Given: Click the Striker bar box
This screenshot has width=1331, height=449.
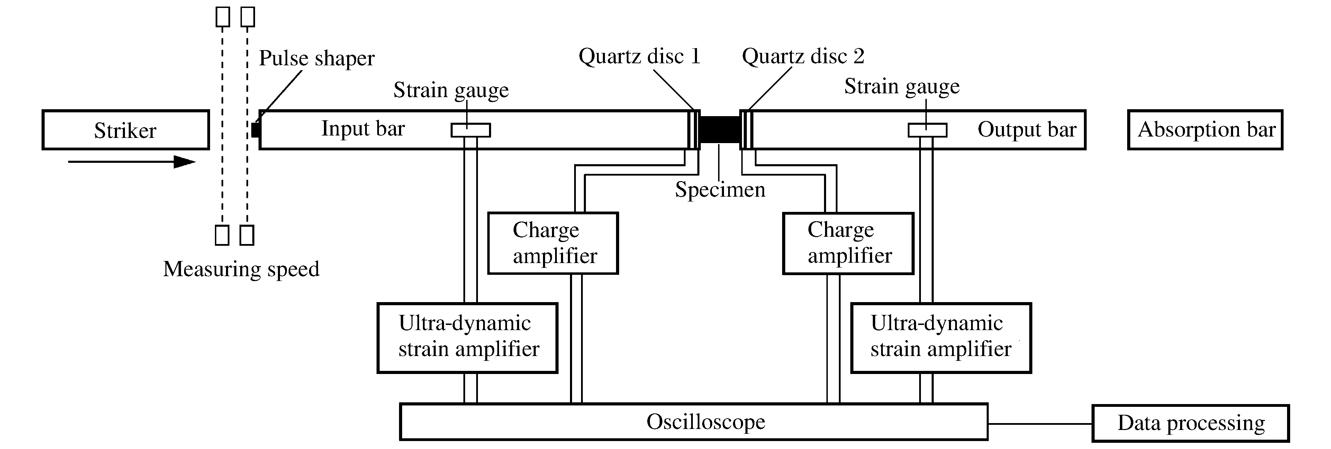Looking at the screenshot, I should click(x=126, y=130).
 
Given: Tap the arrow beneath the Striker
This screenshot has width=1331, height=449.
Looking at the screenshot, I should click(x=132, y=162).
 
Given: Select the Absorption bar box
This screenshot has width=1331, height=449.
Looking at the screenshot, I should click(x=1205, y=130).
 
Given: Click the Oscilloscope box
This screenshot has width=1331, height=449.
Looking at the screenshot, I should click(x=694, y=422).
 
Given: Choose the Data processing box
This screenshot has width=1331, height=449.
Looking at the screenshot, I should click(x=1190, y=423).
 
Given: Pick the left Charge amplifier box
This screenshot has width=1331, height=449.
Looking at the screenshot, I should click(x=553, y=243).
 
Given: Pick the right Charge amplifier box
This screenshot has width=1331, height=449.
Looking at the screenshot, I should click(x=848, y=243).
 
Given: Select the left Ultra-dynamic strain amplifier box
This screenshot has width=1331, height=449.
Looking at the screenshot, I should click(x=467, y=337).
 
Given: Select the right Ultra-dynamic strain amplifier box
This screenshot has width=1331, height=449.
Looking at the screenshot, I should click(x=941, y=337).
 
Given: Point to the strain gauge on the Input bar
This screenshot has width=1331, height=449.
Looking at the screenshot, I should click(x=470, y=130).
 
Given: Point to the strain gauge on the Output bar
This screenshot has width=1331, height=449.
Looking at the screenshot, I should click(x=927, y=130).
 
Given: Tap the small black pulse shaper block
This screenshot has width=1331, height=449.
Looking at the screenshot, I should click(x=255, y=130).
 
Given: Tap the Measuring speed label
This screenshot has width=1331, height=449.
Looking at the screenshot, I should click(x=241, y=269).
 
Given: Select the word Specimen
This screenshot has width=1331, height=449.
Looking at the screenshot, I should click(x=720, y=190).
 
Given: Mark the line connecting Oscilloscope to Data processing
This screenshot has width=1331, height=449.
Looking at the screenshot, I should click(x=1040, y=424).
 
